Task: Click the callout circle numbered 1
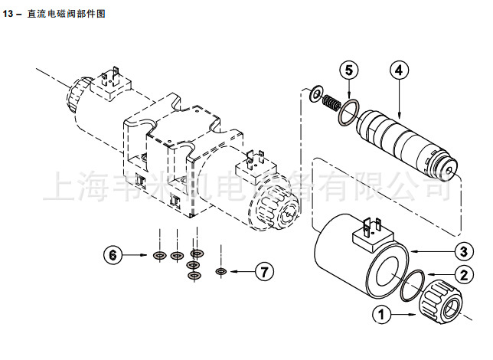(x=380, y=313)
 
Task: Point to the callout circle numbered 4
(x=398, y=70)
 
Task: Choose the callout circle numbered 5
(x=348, y=70)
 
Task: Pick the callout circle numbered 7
(x=264, y=271)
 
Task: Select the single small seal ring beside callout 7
(x=221, y=271)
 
